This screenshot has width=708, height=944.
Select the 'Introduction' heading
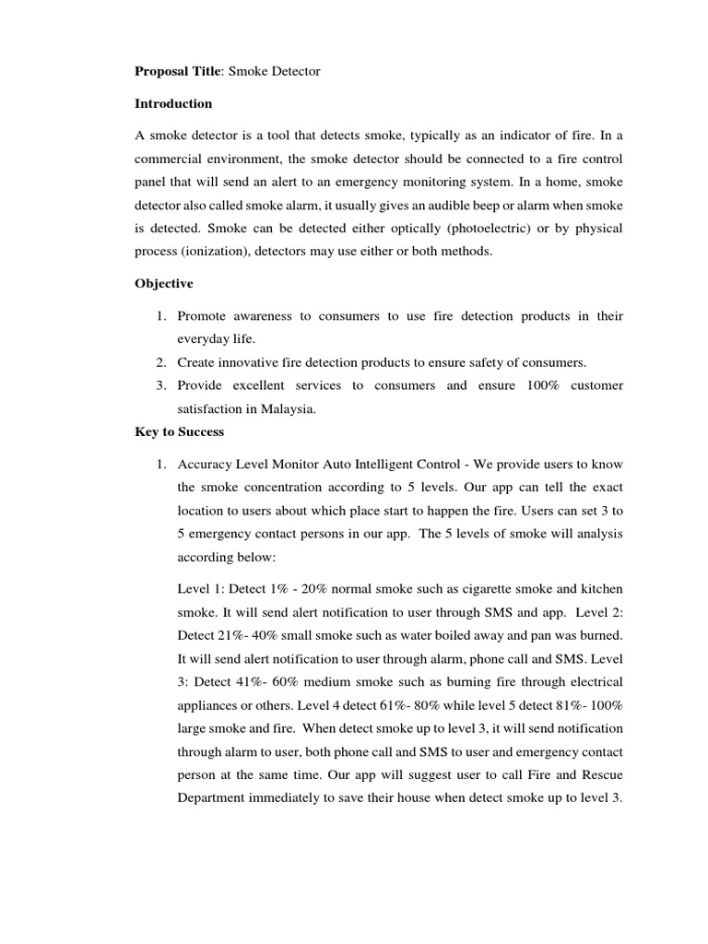173,103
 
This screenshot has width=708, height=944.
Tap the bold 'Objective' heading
164,284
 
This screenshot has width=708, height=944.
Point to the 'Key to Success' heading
179,431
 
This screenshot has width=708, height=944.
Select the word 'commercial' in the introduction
172,159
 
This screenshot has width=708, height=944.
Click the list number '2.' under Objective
160,362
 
